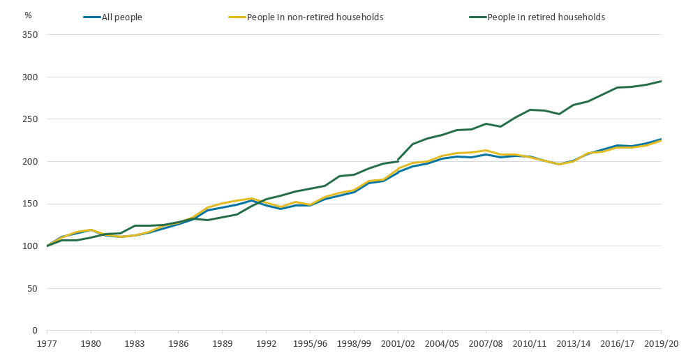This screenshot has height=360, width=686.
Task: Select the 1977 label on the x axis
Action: [47, 344]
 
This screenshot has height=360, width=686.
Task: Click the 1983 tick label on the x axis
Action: [135, 344]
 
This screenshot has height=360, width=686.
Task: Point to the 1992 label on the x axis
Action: [266, 344]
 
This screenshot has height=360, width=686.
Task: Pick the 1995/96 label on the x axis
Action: [310, 344]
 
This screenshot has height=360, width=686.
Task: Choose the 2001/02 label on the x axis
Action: [398, 344]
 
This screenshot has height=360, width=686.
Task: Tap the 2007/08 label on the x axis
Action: [486, 344]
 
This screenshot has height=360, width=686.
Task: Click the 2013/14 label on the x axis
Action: [573, 344]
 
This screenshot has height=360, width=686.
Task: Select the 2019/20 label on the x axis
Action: [660, 344]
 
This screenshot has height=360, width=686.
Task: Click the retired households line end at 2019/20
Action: [661, 81]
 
